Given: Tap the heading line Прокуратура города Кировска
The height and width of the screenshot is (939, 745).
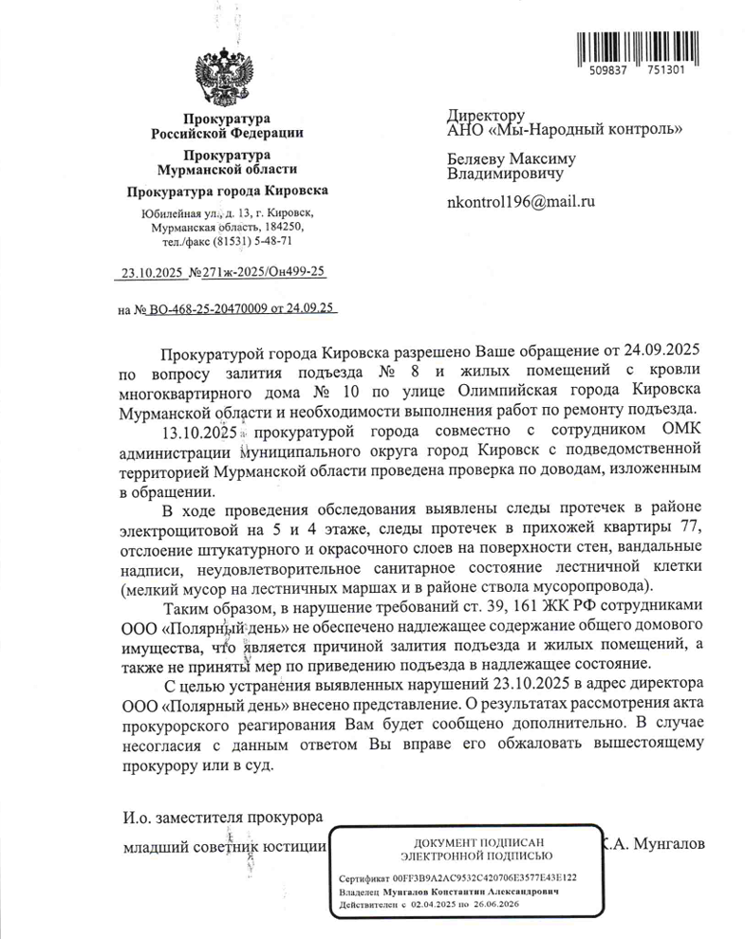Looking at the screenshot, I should point(227,192).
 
